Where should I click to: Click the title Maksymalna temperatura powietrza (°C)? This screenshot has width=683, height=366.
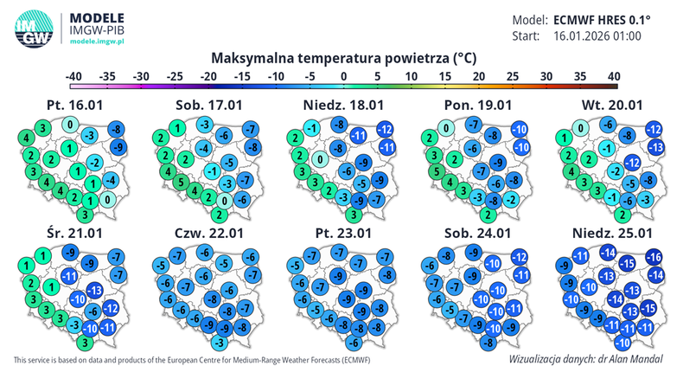[x=343, y=59]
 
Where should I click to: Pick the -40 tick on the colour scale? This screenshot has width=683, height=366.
[x=75, y=76]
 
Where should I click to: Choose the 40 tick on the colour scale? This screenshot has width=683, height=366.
[x=614, y=76]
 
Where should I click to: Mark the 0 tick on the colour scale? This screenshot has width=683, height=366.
[x=344, y=76]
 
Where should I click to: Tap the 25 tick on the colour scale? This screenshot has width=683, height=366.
[x=513, y=76]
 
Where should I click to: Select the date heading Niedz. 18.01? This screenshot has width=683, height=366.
[x=341, y=104]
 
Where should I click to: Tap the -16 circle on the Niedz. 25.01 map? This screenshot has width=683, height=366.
[x=654, y=257]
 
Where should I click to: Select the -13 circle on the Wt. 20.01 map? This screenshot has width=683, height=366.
[x=656, y=148]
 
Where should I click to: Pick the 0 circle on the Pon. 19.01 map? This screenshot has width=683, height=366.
[x=446, y=130]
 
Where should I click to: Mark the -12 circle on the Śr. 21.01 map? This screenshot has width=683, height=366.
[x=112, y=309]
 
